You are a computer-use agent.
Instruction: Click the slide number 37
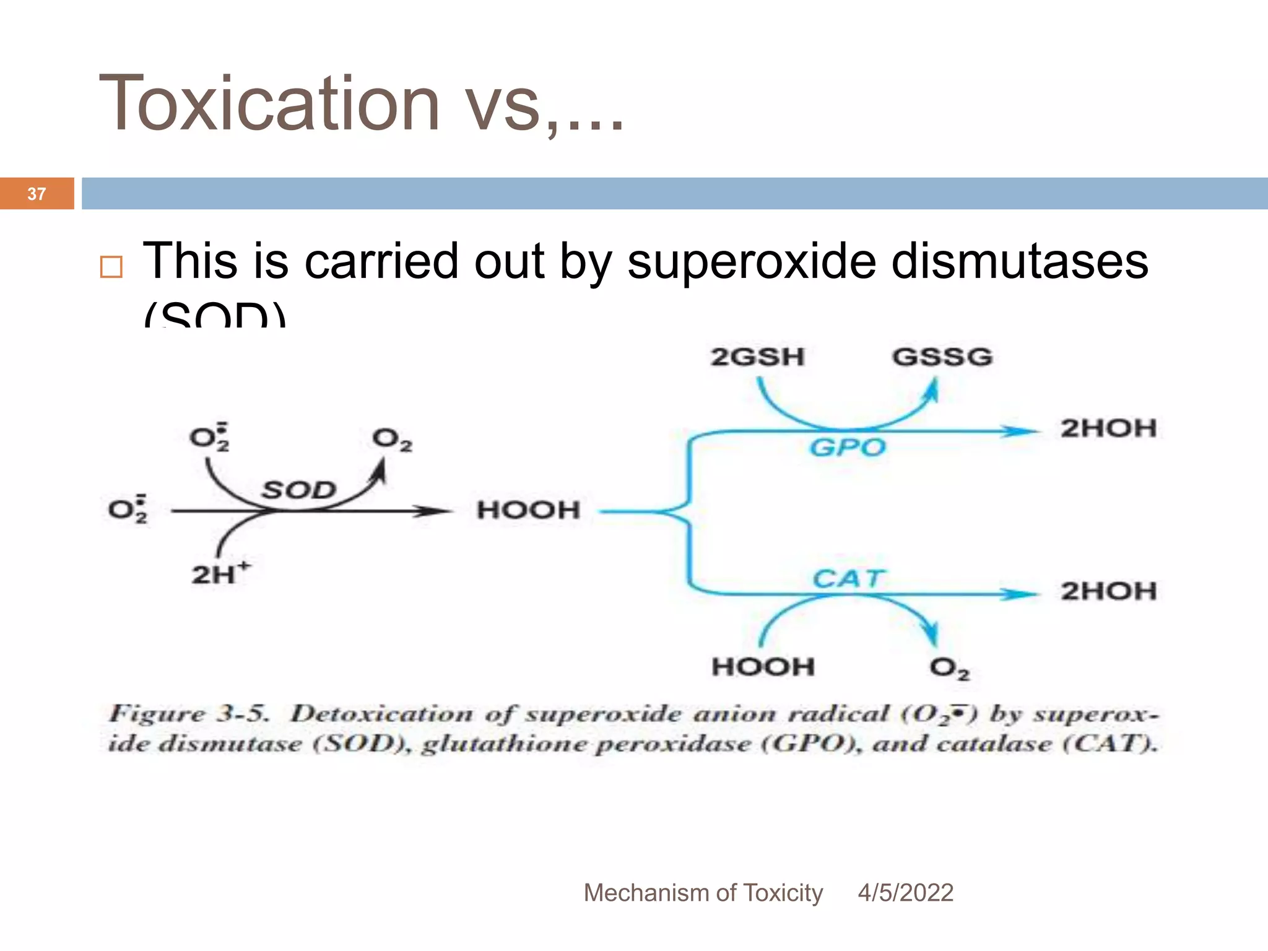(37, 194)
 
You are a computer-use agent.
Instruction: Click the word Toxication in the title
(269, 103)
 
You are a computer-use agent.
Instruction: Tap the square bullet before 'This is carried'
(111, 267)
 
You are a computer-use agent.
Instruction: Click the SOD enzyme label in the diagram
(299, 490)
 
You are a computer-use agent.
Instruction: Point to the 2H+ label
(220, 573)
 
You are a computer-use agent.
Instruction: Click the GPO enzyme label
(848, 447)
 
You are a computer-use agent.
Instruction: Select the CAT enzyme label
(848, 579)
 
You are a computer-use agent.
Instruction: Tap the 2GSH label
(757, 357)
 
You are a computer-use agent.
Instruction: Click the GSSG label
(942, 357)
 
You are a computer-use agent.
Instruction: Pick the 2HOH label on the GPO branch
(1108, 428)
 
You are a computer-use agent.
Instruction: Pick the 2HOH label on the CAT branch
(1108, 591)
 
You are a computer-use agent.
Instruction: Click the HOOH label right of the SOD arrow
(528, 510)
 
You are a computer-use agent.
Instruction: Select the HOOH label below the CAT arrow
(763, 667)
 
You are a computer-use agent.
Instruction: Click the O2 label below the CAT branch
(949, 668)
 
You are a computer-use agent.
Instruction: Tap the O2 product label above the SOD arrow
(392, 440)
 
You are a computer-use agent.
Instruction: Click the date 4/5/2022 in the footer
(905, 893)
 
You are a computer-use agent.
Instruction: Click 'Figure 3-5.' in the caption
(189, 714)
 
